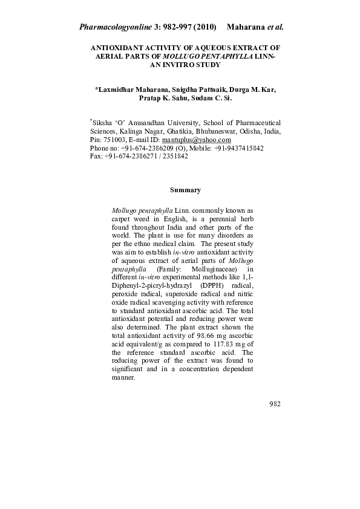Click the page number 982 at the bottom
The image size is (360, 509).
[x=274, y=404]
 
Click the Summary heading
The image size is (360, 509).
[x=185, y=190]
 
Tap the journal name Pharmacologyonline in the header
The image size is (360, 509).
[x=114, y=27]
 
